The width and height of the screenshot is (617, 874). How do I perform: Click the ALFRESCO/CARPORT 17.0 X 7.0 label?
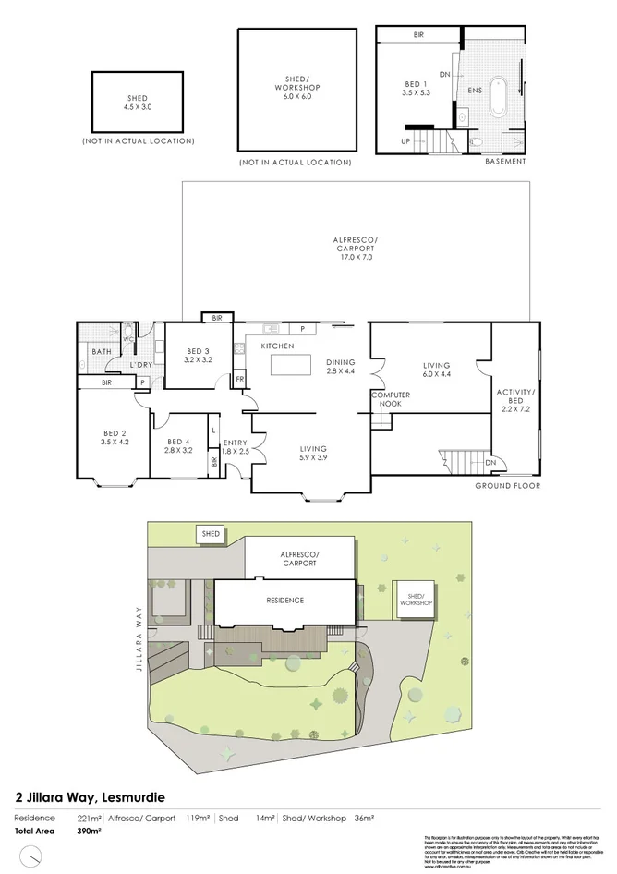click(356, 249)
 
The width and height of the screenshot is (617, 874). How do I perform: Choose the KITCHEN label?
click(277, 346)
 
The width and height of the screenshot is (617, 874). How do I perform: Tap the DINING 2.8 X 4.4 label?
click(341, 367)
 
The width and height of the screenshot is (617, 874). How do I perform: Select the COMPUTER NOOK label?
click(390, 399)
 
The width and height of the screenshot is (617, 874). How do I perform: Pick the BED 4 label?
click(177, 446)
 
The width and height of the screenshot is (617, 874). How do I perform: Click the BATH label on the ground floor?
click(101, 351)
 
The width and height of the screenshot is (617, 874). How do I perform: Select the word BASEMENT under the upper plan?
click(505, 162)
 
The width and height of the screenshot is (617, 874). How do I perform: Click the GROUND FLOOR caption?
click(507, 486)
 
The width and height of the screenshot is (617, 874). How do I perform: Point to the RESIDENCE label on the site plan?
click(285, 601)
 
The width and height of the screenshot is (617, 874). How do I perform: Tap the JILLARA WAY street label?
click(139, 637)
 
